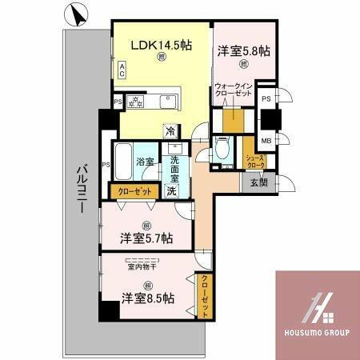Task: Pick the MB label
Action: point(266,142)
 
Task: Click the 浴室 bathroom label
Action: point(145,162)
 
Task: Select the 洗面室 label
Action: point(173,166)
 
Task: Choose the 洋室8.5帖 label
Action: point(146,298)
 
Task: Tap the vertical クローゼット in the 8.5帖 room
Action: point(204,296)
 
